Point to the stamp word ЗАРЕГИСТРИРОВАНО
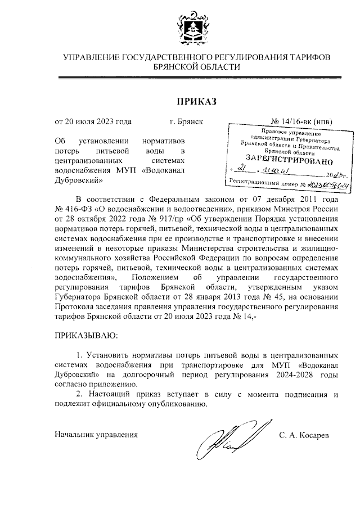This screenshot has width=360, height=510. [x=286, y=160]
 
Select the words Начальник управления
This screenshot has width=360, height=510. [x=96, y=435]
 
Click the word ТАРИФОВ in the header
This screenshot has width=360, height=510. [x=309, y=57]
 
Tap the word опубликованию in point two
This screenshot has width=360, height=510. [x=180, y=404]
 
